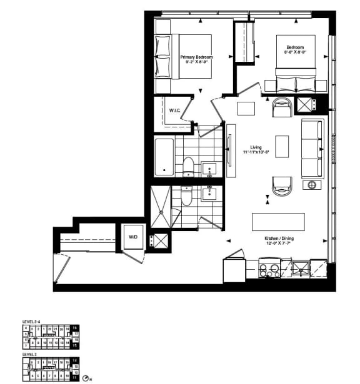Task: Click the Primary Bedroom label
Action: point(197,57)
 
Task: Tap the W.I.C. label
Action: point(175,111)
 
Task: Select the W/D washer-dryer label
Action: point(133,237)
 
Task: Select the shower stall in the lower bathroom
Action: point(160,208)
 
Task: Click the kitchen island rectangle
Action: point(278,222)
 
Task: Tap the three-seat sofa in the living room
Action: point(311,148)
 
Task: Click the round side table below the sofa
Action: point(311,185)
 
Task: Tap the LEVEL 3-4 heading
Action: point(31,322)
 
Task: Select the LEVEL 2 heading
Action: point(29,354)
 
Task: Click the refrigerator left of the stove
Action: point(234,270)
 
